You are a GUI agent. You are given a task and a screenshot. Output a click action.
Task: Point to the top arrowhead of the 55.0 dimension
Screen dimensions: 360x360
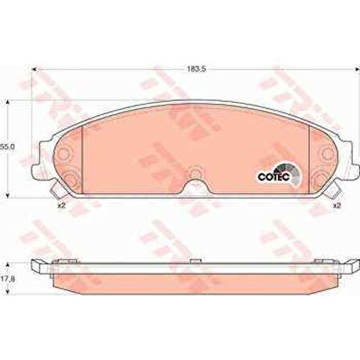10,101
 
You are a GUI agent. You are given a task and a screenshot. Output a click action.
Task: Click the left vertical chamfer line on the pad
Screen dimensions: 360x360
84,153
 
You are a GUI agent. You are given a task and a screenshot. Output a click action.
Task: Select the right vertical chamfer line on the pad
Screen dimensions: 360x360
309,153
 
